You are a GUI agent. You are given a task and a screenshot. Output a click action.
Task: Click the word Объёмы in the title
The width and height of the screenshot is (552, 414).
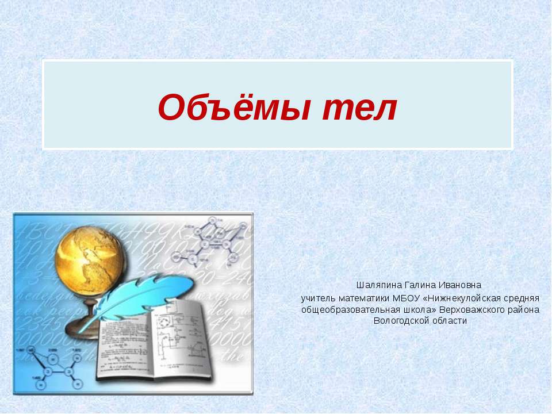[235, 108]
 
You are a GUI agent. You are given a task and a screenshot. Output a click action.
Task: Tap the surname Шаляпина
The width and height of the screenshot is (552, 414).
[379, 285]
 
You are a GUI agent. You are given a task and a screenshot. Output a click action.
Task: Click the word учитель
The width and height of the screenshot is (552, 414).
[318, 298]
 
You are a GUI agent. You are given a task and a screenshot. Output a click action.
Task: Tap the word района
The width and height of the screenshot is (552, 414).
[523, 310]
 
